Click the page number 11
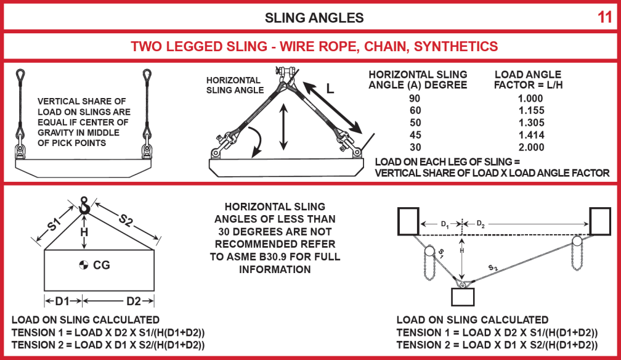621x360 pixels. tap(604, 17)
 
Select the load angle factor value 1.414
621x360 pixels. tap(528, 134)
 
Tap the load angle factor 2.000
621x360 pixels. tap(528, 147)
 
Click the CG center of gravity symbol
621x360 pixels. tap(84, 266)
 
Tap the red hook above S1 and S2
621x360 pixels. tap(85, 206)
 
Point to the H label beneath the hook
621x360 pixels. tap(85, 232)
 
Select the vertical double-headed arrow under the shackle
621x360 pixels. tap(283, 127)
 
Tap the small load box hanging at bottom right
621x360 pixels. tap(464, 296)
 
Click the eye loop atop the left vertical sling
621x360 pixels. tap(20, 76)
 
